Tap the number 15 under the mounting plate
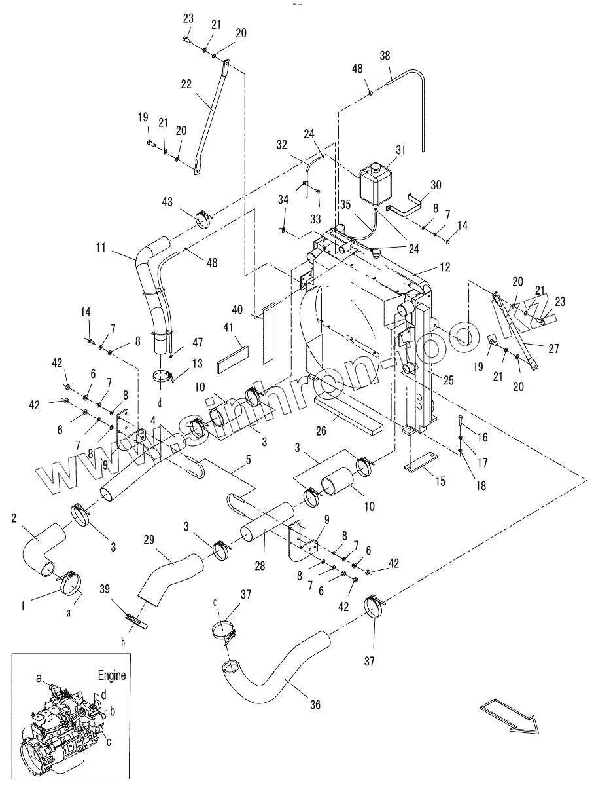(440, 481)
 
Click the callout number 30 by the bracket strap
(436, 185)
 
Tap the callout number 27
(553, 348)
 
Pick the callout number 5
(249, 459)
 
